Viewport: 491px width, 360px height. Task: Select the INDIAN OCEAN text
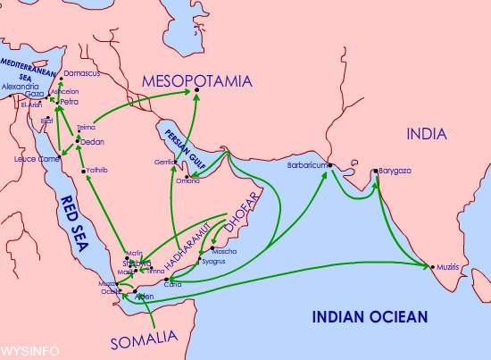369,315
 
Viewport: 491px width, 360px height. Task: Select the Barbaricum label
306,164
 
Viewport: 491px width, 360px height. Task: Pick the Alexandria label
20,87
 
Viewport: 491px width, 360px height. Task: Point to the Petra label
69,102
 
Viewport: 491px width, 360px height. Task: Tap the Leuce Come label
37,158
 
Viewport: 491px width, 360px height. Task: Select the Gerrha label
166,162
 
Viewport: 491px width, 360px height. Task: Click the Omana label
187,181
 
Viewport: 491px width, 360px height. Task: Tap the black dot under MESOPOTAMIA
197,92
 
